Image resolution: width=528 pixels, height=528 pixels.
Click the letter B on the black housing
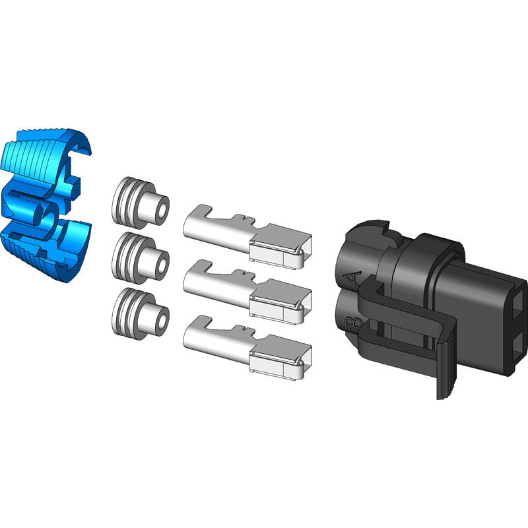[354, 323]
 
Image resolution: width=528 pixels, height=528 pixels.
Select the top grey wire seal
[141, 203]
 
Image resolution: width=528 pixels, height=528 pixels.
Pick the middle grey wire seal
[141, 258]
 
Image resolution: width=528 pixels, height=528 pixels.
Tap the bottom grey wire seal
[141, 313]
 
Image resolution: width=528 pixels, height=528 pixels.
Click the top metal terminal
[247, 236]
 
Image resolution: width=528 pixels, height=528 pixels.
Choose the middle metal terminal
[247, 292]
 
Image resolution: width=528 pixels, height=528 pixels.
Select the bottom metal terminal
[247, 348]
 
